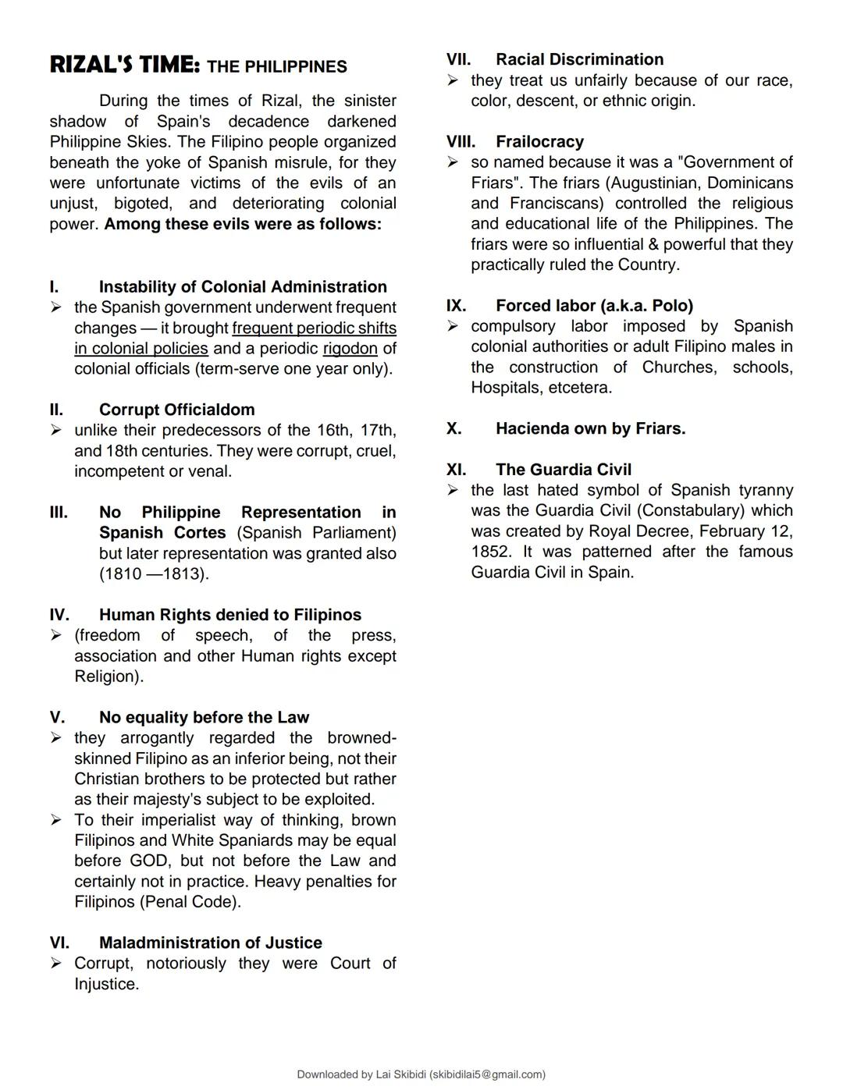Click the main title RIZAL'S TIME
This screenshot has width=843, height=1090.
point(125,65)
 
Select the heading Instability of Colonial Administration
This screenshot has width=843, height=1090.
point(243,286)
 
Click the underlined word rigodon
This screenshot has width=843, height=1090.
point(350,348)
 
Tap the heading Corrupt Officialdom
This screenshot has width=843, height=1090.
point(176,410)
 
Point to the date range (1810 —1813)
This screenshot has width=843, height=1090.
point(154,573)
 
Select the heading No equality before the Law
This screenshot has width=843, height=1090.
point(204,717)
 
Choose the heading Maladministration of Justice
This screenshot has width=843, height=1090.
point(210,943)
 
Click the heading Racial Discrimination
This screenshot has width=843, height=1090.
point(579,59)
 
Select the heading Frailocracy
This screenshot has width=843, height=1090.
point(539,141)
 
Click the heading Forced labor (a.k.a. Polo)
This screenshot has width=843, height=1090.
point(594,305)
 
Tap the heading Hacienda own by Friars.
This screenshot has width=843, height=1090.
point(590,428)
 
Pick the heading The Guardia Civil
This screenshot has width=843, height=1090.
point(563,469)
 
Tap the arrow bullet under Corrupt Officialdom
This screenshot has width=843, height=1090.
point(56,430)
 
